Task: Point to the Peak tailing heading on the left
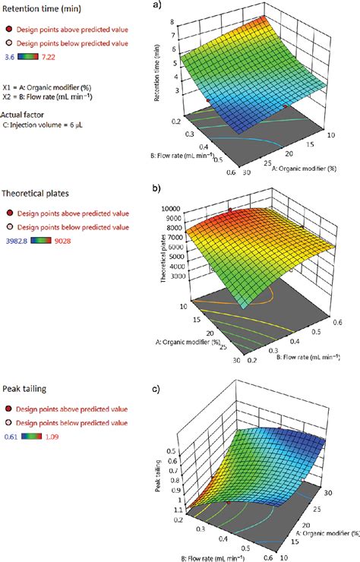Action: pyautogui.click(x=25, y=389)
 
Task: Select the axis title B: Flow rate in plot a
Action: pyautogui.click(x=182, y=157)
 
